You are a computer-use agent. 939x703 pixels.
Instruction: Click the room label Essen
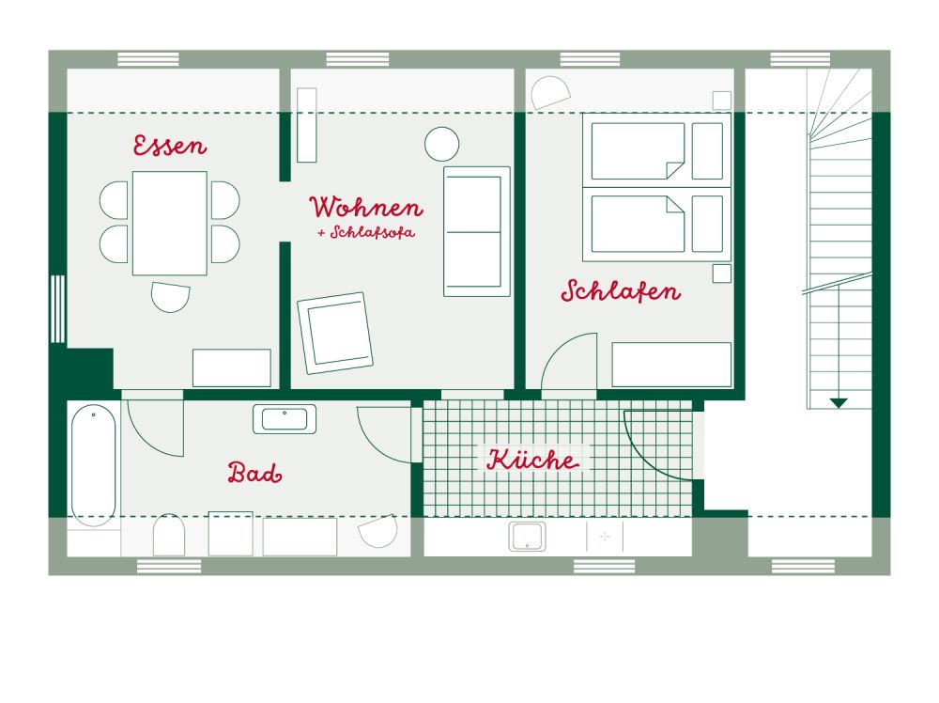click(x=169, y=146)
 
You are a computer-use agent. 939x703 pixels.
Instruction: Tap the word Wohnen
click(x=366, y=208)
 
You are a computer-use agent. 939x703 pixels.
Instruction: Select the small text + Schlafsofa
click(x=366, y=232)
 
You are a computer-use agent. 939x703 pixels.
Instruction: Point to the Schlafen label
click(x=621, y=291)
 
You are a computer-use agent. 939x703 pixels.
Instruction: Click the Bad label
click(x=254, y=473)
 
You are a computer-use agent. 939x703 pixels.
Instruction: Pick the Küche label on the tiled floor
click(x=532, y=460)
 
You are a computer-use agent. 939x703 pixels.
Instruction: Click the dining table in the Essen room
click(x=169, y=223)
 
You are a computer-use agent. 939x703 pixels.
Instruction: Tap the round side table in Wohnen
click(x=442, y=145)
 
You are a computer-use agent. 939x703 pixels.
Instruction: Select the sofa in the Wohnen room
click(x=477, y=231)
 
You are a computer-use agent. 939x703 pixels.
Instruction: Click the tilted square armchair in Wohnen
click(x=335, y=333)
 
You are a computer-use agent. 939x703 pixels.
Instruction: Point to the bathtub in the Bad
click(x=93, y=465)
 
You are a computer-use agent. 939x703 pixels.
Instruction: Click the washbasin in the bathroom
click(x=285, y=419)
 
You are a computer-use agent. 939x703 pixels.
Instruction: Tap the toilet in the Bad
click(x=169, y=535)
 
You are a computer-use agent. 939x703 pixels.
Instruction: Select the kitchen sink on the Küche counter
click(x=527, y=537)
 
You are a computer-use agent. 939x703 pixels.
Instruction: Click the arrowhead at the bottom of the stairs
click(x=839, y=403)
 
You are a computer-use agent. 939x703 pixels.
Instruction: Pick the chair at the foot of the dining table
click(x=171, y=297)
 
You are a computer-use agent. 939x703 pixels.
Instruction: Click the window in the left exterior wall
click(x=57, y=309)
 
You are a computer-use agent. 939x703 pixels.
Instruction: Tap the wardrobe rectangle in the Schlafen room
click(x=671, y=365)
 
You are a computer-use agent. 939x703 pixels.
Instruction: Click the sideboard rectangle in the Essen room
click(x=232, y=368)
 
